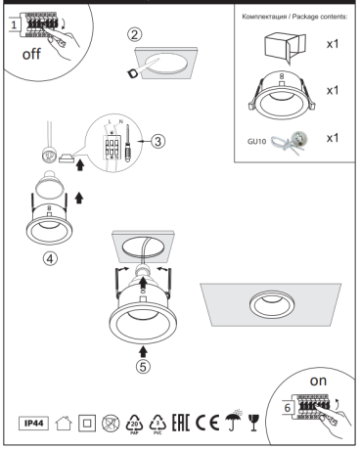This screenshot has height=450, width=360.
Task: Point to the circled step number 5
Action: [x=146, y=369]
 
